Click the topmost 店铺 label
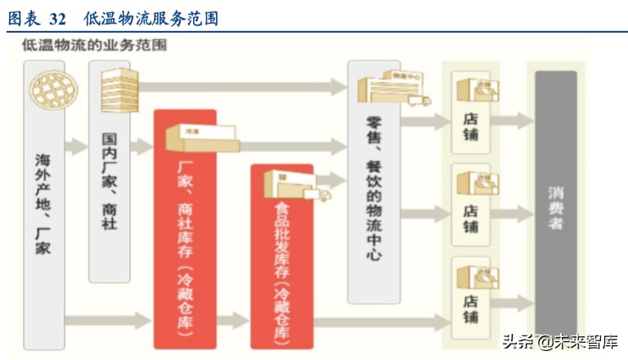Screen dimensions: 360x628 471,127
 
